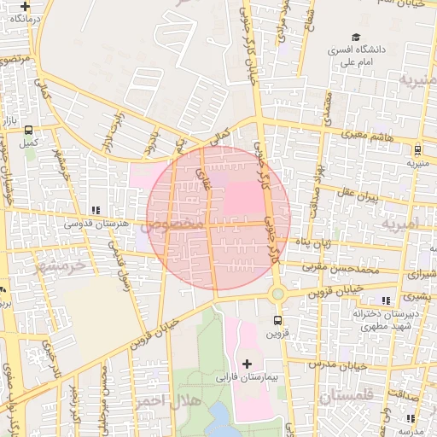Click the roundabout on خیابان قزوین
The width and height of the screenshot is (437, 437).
(277, 294)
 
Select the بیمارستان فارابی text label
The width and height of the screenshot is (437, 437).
(248, 376)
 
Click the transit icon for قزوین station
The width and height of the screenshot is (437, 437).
(276, 320)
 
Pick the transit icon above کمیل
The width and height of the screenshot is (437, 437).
(29, 131)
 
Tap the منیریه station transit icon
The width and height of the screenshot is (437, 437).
(418, 147)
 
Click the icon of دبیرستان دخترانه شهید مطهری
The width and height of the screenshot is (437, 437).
(386, 300)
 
